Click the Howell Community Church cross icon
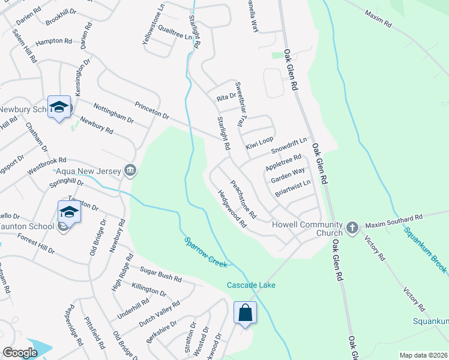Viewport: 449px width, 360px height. (352, 228)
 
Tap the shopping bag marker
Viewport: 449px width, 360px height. (246, 313)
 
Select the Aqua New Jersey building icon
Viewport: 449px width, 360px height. (129, 172)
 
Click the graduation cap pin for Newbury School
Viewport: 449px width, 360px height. (59, 107)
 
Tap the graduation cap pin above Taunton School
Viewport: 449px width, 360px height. (69, 212)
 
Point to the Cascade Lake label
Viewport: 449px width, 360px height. (251, 285)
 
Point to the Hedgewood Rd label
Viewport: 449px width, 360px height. (232, 209)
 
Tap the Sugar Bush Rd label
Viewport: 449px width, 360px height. (161, 276)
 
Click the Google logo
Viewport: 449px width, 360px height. (20, 353)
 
